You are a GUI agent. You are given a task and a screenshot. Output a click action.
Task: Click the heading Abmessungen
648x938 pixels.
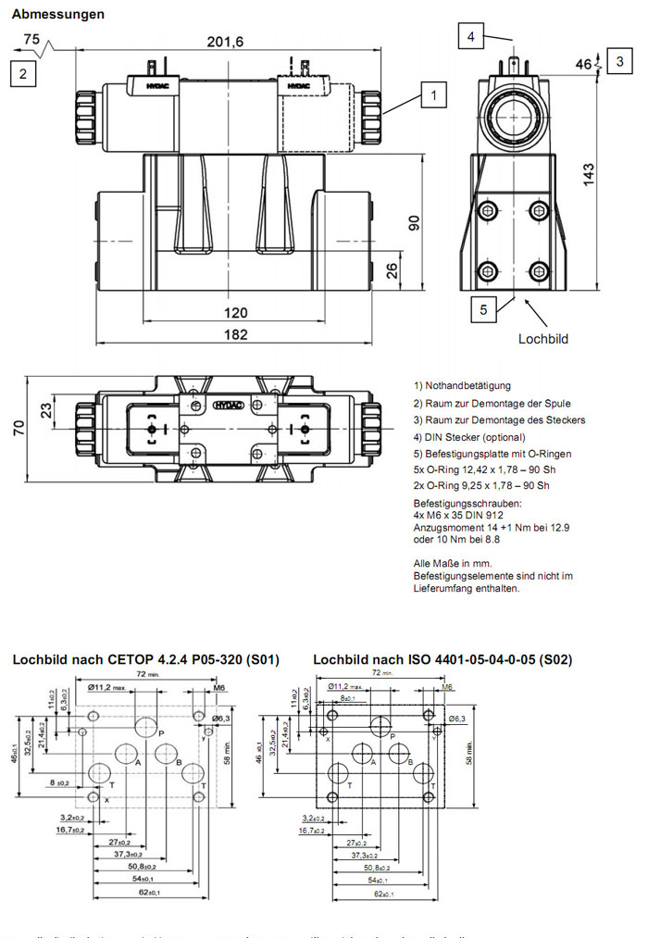57,15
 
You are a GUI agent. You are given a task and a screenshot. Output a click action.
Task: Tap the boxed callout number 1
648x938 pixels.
432,94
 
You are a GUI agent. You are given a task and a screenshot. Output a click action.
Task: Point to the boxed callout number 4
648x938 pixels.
471,37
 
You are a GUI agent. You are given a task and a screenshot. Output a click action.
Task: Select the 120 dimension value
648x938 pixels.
236,312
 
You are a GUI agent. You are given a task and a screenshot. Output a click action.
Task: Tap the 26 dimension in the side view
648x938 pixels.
393,269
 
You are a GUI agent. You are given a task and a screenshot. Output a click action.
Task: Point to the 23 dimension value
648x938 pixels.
46,407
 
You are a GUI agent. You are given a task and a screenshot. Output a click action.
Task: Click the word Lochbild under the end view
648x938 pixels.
542,339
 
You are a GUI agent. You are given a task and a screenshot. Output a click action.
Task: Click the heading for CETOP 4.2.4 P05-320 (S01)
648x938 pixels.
145,660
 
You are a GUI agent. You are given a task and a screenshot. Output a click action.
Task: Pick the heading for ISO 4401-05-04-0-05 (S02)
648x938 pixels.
442,660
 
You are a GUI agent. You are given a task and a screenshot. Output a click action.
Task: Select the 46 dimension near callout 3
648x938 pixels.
583,64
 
